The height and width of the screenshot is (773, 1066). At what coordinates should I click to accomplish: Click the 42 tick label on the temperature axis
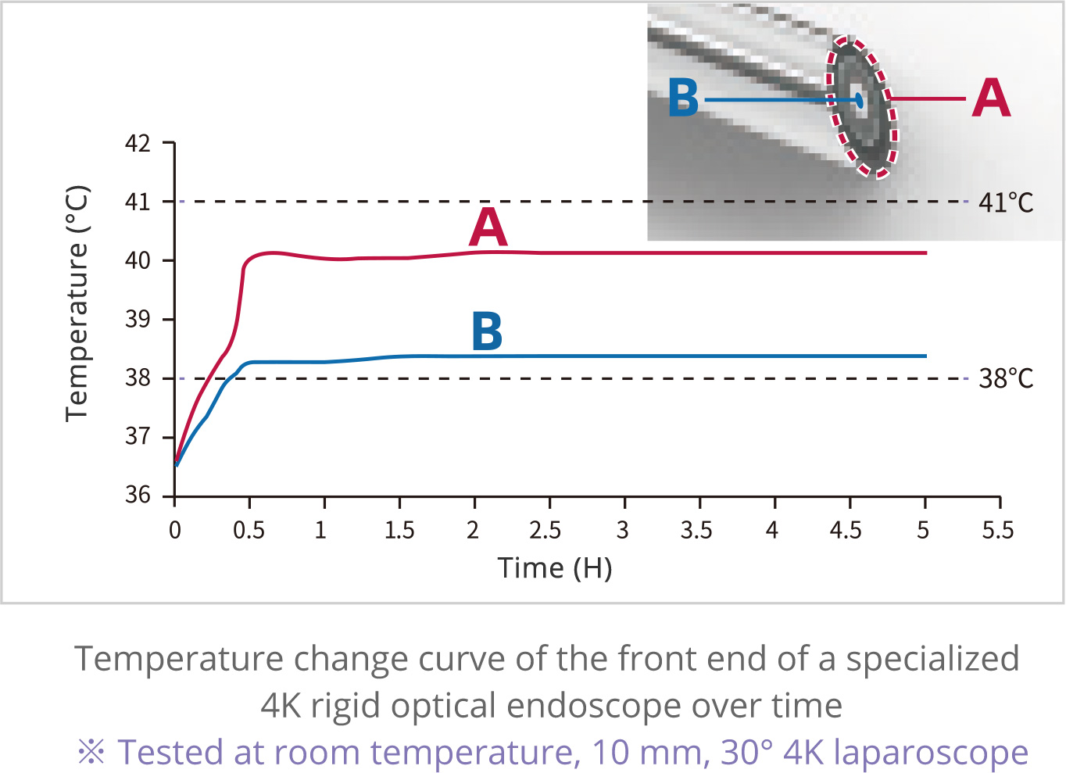point(138,144)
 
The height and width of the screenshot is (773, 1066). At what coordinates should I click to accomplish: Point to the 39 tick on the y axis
point(138,320)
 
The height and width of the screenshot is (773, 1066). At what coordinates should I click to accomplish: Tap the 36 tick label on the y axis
point(138,496)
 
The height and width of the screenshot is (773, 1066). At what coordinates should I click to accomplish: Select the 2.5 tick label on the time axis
point(545,531)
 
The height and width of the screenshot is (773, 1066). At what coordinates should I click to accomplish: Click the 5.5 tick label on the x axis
point(998,531)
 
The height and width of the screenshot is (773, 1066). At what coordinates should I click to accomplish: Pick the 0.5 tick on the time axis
point(249,531)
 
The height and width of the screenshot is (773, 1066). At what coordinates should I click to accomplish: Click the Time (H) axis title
point(555,568)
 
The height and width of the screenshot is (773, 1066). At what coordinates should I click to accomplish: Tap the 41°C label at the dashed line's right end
point(1006,203)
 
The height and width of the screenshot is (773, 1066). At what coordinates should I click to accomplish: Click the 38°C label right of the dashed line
point(1006,379)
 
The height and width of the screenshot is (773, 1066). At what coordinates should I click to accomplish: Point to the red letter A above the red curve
point(488,227)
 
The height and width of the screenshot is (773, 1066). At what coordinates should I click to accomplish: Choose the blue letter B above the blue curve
point(487,331)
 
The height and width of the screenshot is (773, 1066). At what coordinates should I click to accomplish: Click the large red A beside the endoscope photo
point(991,98)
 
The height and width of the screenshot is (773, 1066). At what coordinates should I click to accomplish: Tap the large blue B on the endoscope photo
point(683,99)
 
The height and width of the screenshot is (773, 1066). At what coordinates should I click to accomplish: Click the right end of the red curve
point(925,253)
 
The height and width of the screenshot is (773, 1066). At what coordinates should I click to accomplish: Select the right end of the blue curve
point(925,356)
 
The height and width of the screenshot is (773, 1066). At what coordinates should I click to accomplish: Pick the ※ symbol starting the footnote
point(91,753)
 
